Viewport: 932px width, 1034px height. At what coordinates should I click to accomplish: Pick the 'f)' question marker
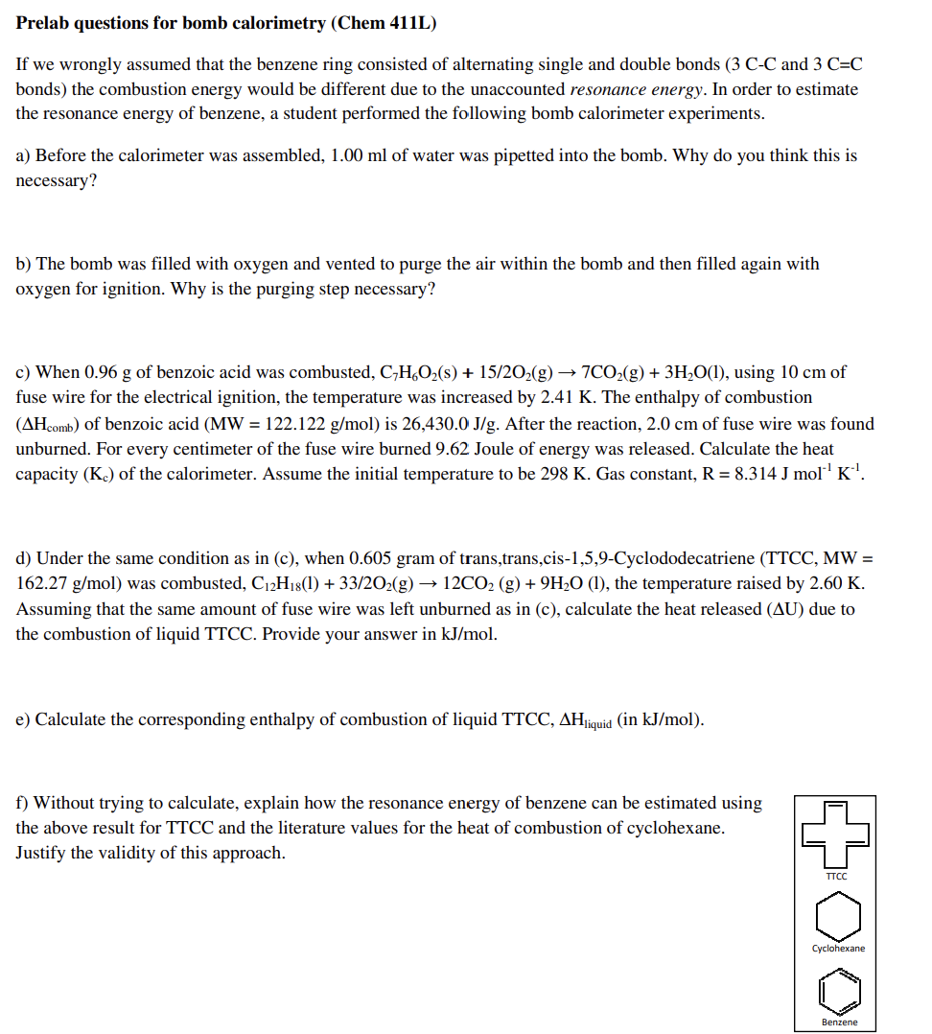pyautogui.click(x=23, y=803)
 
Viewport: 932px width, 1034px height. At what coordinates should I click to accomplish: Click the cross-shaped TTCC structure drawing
pyautogui.click(x=836, y=834)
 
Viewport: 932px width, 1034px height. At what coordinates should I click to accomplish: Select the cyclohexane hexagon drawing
pyautogui.click(x=838, y=917)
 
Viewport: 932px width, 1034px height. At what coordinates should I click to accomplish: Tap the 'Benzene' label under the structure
pyautogui.click(x=839, y=1022)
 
